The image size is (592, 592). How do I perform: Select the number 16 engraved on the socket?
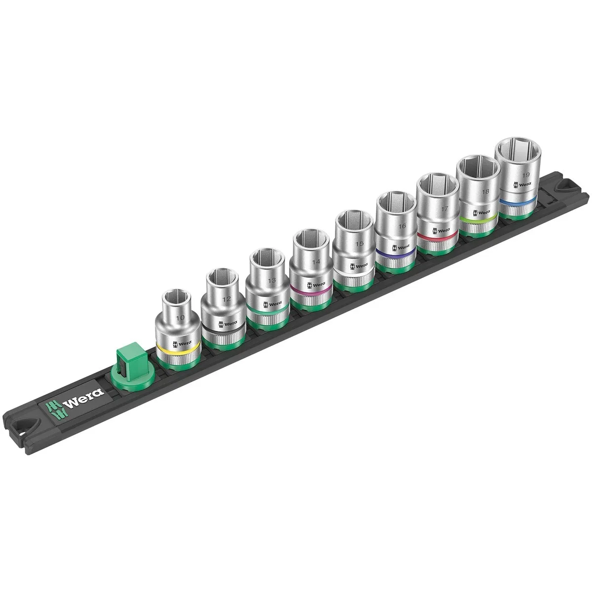402,225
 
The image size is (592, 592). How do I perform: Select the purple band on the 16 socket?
394,253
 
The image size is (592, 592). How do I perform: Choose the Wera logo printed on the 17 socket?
442,230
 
